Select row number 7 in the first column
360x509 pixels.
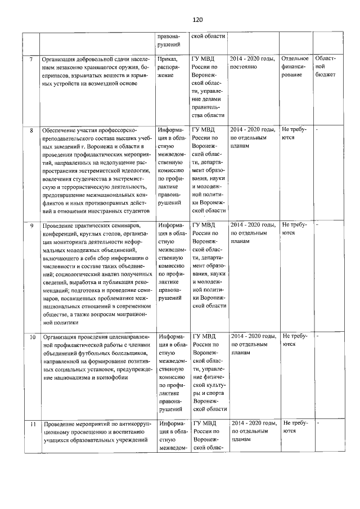pos(31,58)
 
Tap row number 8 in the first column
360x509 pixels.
pos(31,130)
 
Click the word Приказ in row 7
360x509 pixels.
pos(168,58)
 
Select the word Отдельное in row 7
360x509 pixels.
pos(295,58)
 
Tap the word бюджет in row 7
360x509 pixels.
pos(326,74)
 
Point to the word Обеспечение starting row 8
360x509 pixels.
pos(60,130)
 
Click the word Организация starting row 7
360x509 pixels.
pos(61,58)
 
